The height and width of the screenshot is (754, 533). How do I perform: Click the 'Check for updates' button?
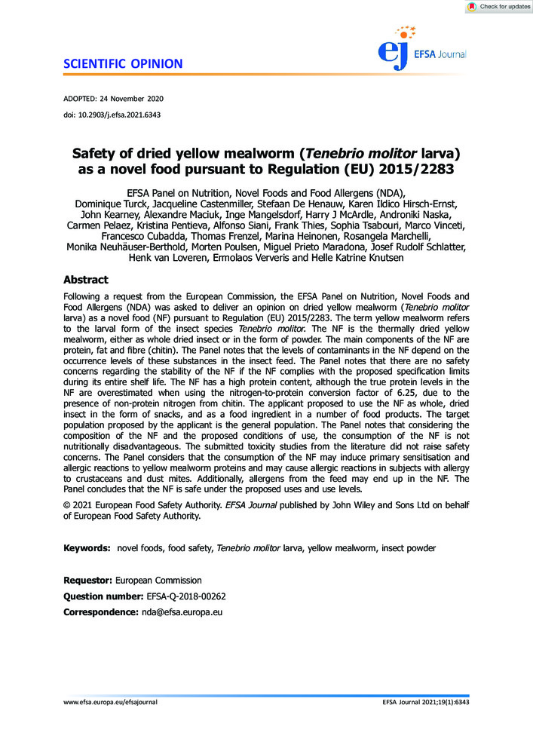(x=499, y=7)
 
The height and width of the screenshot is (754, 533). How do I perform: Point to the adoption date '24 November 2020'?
(x=131, y=99)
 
